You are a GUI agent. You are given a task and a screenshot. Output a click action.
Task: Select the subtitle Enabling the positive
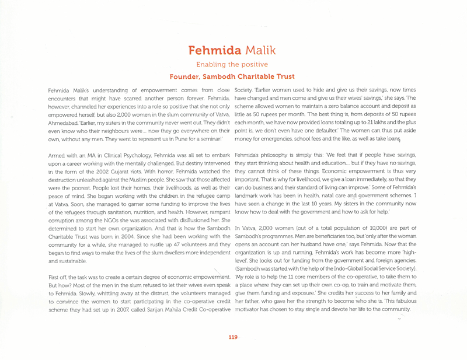pyautogui.click(x=232, y=64)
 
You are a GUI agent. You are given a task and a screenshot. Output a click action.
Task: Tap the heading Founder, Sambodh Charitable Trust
pyautogui.click(x=232, y=76)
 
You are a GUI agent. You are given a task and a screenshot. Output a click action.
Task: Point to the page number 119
pyautogui.click(x=233, y=337)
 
